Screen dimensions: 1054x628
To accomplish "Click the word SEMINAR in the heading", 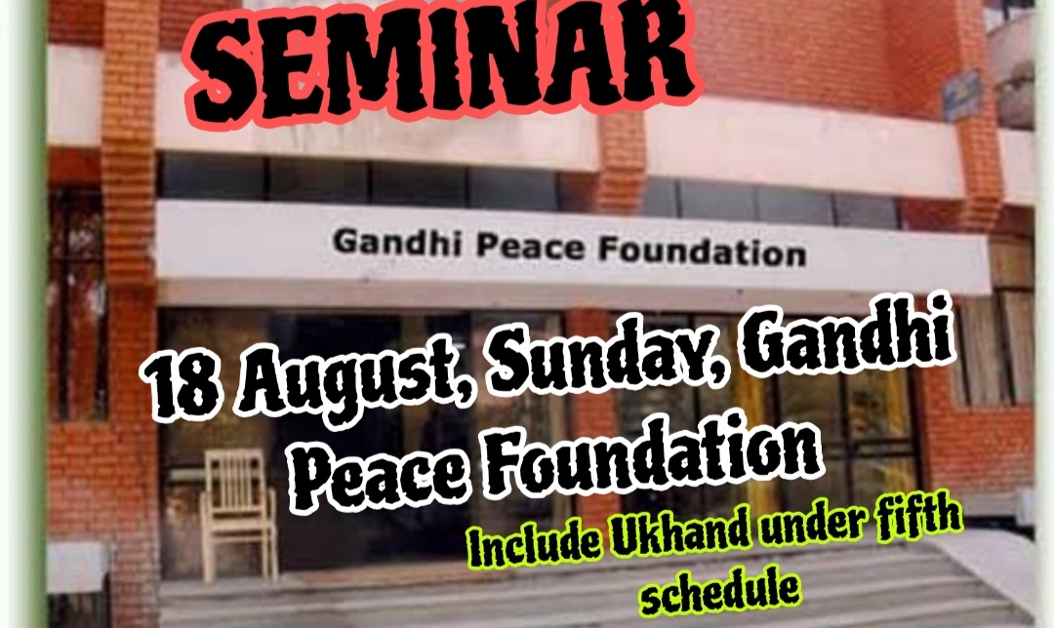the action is tap(444, 63).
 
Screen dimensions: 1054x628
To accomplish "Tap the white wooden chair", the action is tap(239, 514).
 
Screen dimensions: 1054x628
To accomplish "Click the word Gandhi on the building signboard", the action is tap(397, 242).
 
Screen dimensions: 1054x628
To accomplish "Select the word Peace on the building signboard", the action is tap(531, 247).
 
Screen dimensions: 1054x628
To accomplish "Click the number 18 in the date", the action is tap(182, 387).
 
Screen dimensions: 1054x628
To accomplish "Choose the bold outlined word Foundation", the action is tap(653, 451).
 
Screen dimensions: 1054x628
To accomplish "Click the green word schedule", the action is tap(720, 590).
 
